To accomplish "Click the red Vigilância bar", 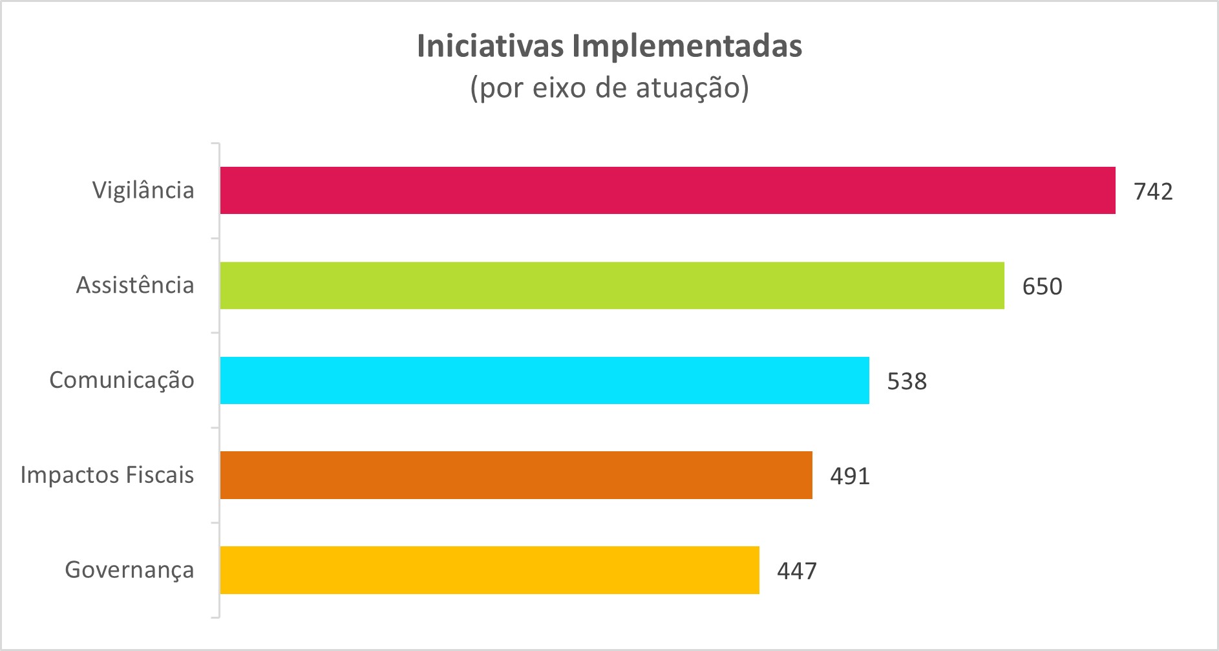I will pyautogui.click(x=667, y=190).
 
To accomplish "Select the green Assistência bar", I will pyautogui.click(x=611, y=285).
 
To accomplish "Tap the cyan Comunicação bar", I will pyautogui.click(x=544, y=380).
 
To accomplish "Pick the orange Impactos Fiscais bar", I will pyautogui.click(x=516, y=475).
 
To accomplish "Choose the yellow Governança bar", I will pyautogui.click(x=489, y=570).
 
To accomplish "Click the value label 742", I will pyautogui.click(x=1153, y=191).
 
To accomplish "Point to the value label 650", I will pyautogui.click(x=1042, y=286).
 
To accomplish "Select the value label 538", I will pyautogui.click(x=907, y=381).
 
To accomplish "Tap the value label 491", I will pyautogui.click(x=850, y=476).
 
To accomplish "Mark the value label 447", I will pyautogui.click(x=797, y=571).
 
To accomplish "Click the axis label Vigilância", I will pyautogui.click(x=143, y=191).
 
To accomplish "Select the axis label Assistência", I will pyautogui.click(x=135, y=285).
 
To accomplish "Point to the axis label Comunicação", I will pyautogui.click(x=122, y=381).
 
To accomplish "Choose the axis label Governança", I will pyautogui.click(x=129, y=570).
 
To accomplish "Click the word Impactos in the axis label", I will pyautogui.click(x=70, y=476).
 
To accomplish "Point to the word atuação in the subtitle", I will pyautogui.click(x=692, y=88).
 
